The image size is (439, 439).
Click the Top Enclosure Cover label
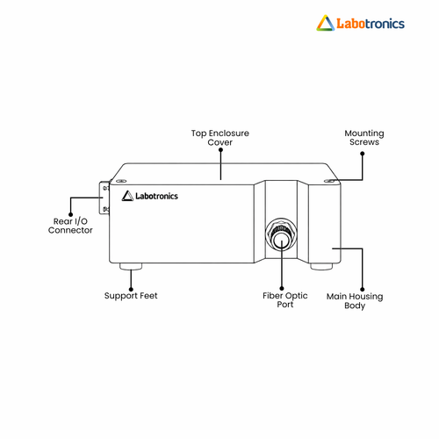point(220,138)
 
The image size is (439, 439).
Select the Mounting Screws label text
point(364,138)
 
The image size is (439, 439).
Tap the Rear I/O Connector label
point(70,226)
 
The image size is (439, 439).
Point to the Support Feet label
point(131,296)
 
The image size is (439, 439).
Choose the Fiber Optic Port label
point(285,300)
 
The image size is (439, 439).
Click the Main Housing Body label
point(355,301)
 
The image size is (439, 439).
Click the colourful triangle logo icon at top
point(326,23)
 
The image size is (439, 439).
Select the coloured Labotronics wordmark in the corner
point(371,24)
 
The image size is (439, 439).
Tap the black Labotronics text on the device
point(156,196)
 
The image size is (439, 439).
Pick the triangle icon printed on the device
point(127,196)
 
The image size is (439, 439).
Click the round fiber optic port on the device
point(281,234)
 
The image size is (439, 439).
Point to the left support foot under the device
point(131,266)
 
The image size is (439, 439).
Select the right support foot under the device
point(321,266)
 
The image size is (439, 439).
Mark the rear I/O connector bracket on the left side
point(104,198)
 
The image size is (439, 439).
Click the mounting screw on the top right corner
point(329,182)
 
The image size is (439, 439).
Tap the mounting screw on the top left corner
point(121,182)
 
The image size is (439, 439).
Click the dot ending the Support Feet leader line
point(131,290)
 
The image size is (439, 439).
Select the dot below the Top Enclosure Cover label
point(220,150)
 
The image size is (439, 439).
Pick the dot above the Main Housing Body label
point(362,290)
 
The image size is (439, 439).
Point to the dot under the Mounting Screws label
point(363,154)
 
